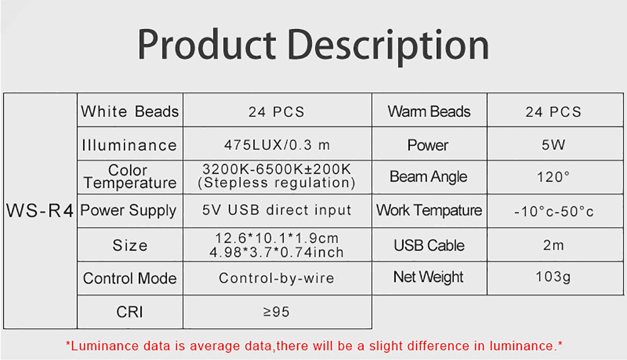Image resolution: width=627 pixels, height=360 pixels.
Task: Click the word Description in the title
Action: [x=388, y=46]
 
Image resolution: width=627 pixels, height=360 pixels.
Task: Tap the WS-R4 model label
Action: [x=40, y=211]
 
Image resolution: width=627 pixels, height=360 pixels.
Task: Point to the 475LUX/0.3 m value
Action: [x=277, y=145]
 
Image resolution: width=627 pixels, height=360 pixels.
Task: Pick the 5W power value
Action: [x=553, y=145]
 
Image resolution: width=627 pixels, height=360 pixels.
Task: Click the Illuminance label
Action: [x=130, y=145]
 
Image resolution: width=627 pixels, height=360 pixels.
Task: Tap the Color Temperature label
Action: [x=130, y=177]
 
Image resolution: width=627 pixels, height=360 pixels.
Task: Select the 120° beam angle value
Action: [x=553, y=177]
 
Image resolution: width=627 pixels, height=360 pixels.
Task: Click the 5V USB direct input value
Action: [x=276, y=210]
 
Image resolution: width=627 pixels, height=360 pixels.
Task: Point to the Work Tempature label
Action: [x=429, y=210]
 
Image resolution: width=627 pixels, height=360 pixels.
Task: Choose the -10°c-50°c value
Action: [x=554, y=211]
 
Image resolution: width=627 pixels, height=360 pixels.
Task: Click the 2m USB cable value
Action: [x=553, y=245]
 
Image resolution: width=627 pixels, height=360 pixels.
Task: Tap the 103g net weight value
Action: [x=553, y=277]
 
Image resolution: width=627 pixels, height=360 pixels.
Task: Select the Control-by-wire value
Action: [x=276, y=278]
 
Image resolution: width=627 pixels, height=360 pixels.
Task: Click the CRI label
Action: [x=130, y=312]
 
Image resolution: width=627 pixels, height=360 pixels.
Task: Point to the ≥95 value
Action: [x=276, y=312]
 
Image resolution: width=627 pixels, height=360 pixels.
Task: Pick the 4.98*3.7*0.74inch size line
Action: [x=276, y=252]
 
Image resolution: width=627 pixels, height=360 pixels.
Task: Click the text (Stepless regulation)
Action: [x=276, y=183]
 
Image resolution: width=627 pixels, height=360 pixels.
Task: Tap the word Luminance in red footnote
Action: [x=104, y=346]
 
